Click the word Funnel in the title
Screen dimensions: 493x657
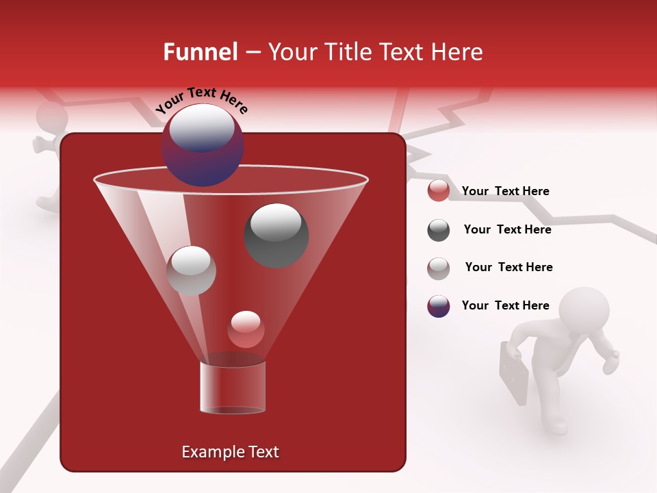pyautogui.click(x=200, y=52)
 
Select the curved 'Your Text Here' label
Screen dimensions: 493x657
pyautogui.click(x=202, y=99)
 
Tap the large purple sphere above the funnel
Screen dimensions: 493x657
pyautogui.click(x=202, y=144)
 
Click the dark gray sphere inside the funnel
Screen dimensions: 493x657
pyautogui.click(x=276, y=235)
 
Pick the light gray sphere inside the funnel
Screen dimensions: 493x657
pyautogui.click(x=191, y=270)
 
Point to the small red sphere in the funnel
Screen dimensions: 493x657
pyautogui.click(x=246, y=329)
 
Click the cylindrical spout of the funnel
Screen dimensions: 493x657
pyautogui.click(x=232, y=387)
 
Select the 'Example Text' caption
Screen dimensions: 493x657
pyautogui.click(x=231, y=452)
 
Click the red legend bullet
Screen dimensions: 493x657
pyautogui.click(x=439, y=191)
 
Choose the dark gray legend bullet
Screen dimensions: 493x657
pyautogui.click(x=439, y=230)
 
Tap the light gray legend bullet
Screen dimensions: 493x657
pyautogui.click(x=439, y=268)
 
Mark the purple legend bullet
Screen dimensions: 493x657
pyautogui.click(x=439, y=306)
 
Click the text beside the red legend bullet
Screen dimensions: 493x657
pyautogui.click(x=505, y=191)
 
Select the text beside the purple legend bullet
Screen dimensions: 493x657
pyautogui.click(x=505, y=305)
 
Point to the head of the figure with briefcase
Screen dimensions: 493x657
pyautogui.click(x=584, y=310)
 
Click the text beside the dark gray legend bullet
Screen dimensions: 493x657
pyautogui.click(x=507, y=229)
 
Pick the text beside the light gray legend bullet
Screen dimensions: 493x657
pyautogui.click(x=508, y=267)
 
